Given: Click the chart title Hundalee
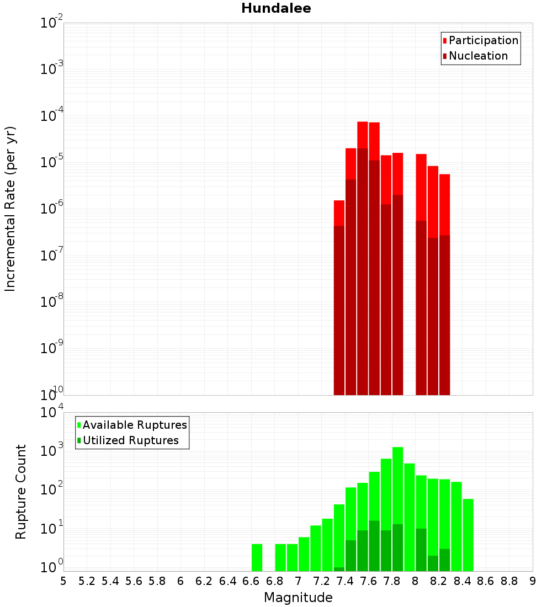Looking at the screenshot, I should (276, 8).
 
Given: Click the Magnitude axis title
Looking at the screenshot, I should (298, 598).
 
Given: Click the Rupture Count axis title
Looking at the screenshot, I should (21, 491).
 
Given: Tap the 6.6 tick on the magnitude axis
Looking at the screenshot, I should (251, 581).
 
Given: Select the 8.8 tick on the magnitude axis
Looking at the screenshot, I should (509, 581).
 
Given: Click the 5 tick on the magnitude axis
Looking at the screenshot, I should (63, 581).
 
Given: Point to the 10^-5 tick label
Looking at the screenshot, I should (52, 162).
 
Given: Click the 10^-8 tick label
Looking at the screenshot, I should (52, 301).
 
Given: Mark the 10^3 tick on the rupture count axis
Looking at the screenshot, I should (52, 450).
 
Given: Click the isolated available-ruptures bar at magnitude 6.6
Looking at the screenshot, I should (257, 557).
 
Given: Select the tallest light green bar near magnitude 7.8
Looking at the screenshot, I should (397, 497).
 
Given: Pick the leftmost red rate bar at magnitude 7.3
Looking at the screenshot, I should (339, 212).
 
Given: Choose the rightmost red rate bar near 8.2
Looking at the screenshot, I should (445, 204).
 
